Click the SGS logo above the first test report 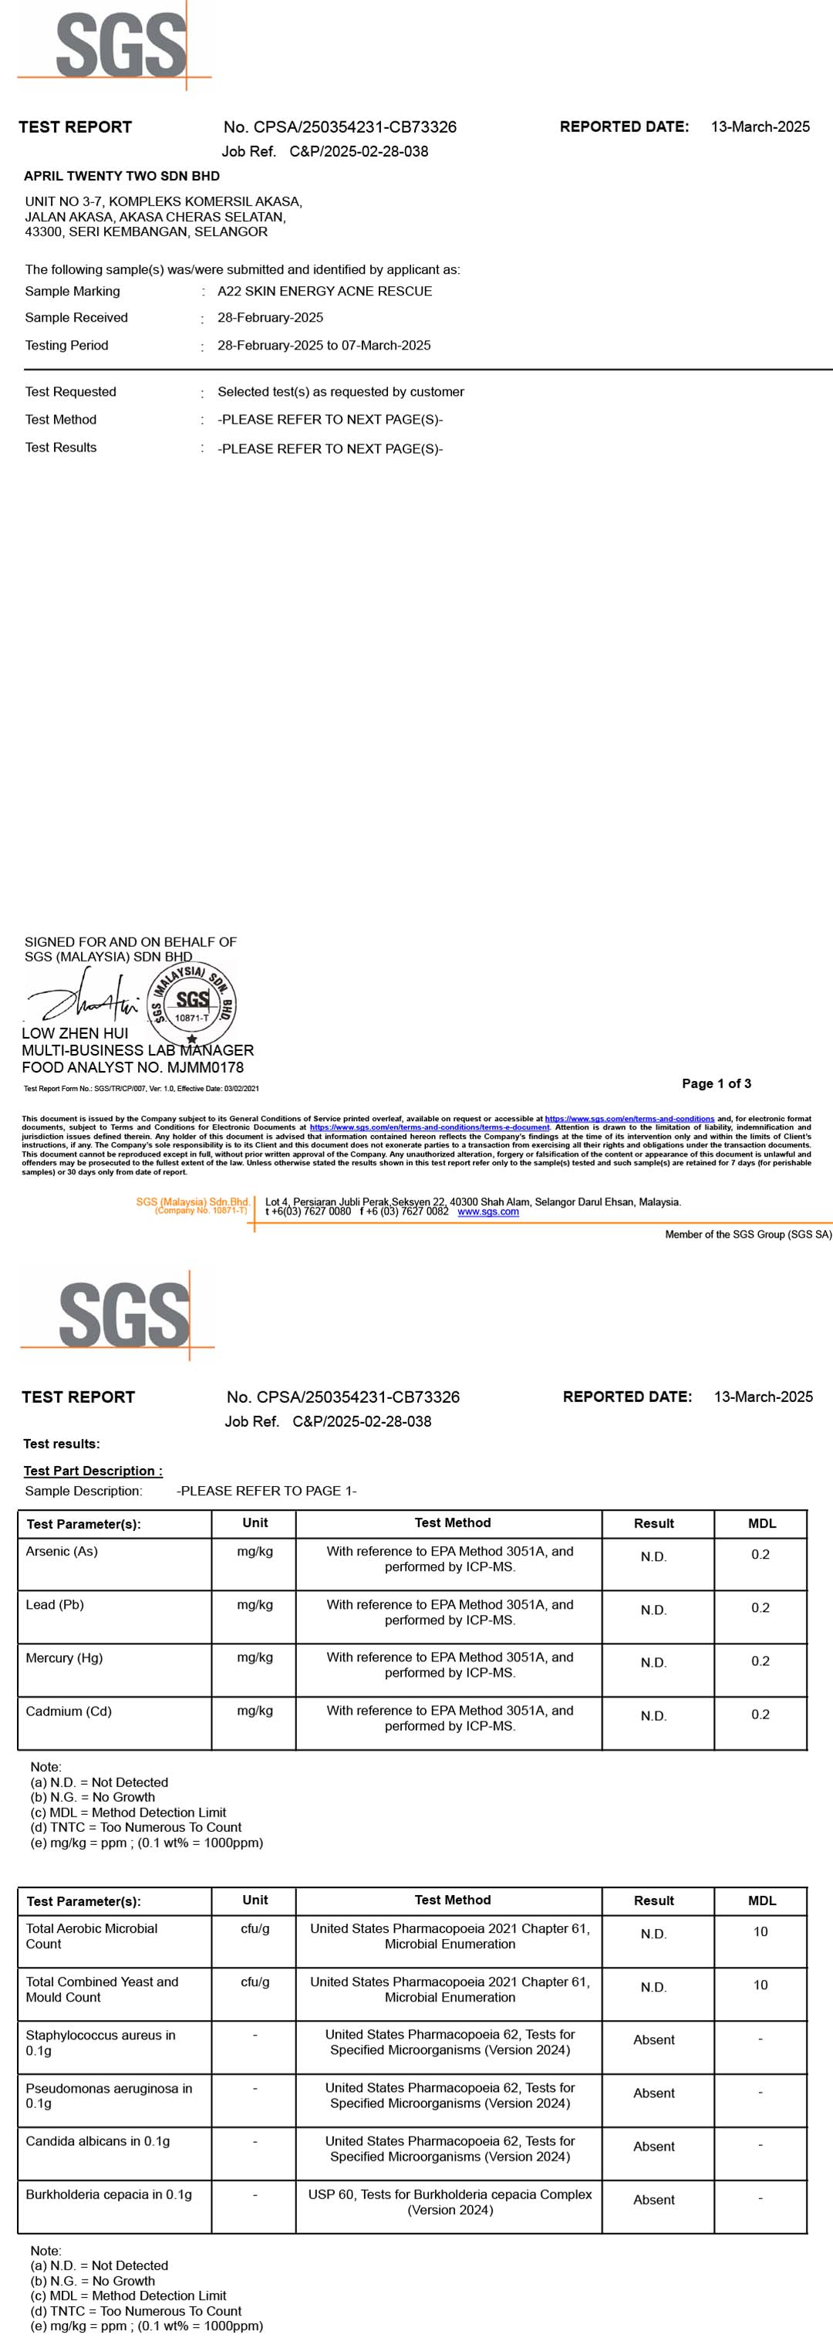(120, 46)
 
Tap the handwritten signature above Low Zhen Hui (82, 998)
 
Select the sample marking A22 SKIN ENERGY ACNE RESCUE (324, 292)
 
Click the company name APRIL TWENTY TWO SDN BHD (122, 176)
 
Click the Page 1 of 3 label (716, 1083)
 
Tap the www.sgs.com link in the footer (488, 1211)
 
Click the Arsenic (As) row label (62, 1551)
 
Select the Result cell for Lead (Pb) (653, 1610)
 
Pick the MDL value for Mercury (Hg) (760, 1661)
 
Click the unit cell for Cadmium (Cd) (255, 1711)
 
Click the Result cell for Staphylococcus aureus (653, 2039)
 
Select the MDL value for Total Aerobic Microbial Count (760, 1932)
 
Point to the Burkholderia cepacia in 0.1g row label (109, 2194)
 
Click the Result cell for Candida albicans (653, 2147)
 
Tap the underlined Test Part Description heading (93, 1471)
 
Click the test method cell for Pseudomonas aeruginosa (450, 2096)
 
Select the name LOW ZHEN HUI (76, 1033)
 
